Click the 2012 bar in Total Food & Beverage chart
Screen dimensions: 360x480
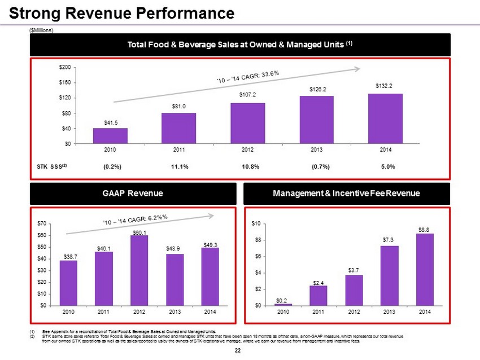point(247,123)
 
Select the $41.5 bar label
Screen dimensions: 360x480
point(110,122)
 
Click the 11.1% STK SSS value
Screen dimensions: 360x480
point(179,166)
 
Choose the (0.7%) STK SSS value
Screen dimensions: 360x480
point(320,166)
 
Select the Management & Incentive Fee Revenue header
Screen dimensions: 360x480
point(347,194)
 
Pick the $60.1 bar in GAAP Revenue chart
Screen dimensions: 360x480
point(139,270)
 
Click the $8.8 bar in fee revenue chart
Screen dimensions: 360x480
point(425,269)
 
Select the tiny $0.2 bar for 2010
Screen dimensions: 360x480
point(283,304)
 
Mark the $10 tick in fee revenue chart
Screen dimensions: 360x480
point(256,224)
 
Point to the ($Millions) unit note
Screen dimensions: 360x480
point(41,30)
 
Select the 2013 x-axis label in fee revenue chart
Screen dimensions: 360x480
point(390,311)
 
